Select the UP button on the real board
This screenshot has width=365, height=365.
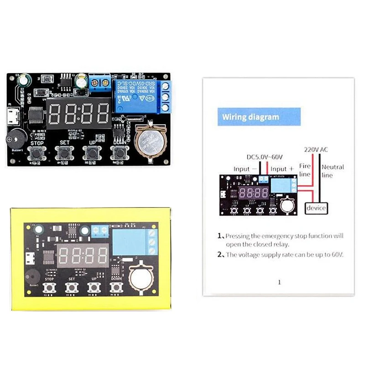pos(91,153)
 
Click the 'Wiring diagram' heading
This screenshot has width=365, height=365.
pos(250,117)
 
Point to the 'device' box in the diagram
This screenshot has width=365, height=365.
pos(316,208)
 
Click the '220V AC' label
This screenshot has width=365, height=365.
pos(316,149)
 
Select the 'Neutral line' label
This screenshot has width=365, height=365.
pos(333,171)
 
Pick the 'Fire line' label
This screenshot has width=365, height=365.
pos(304,170)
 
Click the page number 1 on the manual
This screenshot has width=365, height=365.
pos(279,282)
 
